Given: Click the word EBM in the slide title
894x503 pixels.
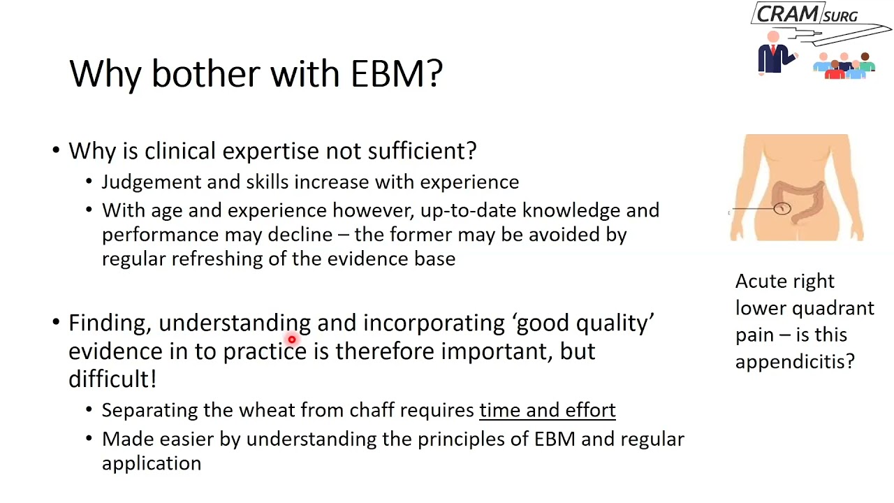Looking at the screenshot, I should [x=396, y=73].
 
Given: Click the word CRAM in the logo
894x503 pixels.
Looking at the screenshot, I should [x=787, y=14].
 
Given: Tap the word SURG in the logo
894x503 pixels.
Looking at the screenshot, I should [x=840, y=16].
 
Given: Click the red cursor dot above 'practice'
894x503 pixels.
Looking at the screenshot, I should [x=291, y=340].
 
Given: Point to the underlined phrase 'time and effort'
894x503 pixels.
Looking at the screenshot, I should [x=547, y=410].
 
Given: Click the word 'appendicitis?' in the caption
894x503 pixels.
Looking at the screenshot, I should [x=794, y=361].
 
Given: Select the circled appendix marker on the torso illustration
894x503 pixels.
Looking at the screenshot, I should [x=782, y=208].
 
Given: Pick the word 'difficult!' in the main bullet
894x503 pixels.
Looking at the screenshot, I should [x=112, y=379].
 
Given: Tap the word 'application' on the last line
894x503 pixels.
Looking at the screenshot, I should [x=152, y=464].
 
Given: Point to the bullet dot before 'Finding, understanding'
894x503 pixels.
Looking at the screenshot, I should [x=56, y=323].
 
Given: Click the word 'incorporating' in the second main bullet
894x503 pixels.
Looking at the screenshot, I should [x=433, y=323].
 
